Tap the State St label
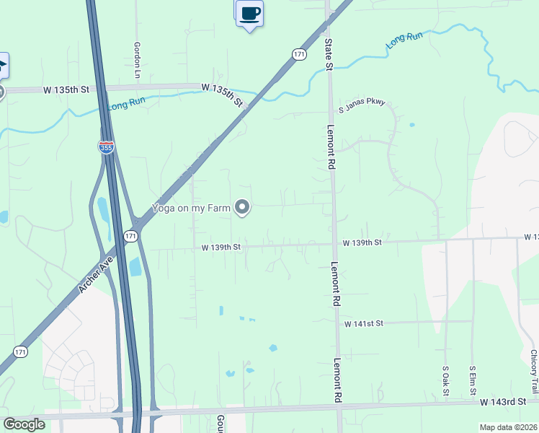tap(328, 55)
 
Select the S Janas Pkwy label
tap(362, 105)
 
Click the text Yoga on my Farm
tap(190, 209)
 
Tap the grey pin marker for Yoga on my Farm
tap(243, 208)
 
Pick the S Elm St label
tap(473, 379)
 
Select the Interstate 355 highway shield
tap(106, 147)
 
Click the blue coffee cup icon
tap(250, 14)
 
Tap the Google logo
tap(24, 424)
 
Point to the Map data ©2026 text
tap(509, 427)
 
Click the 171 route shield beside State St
tap(300, 54)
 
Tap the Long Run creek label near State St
tap(404, 40)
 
